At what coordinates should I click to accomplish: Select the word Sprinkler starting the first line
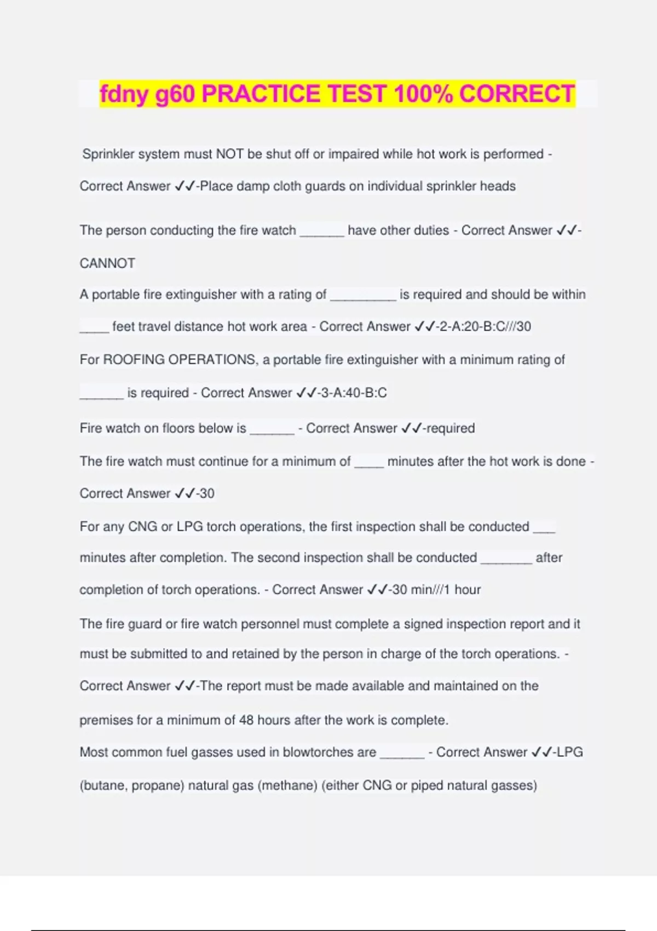[x=108, y=154]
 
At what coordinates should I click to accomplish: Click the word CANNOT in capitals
[x=107, y=263]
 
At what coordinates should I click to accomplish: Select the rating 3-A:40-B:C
[x=354, y=393]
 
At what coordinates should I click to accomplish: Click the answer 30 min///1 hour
[x=436, y=590]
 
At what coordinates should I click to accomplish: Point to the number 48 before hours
[x=246, y=720]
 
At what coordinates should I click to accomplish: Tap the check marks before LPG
[x=541, y=752]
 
